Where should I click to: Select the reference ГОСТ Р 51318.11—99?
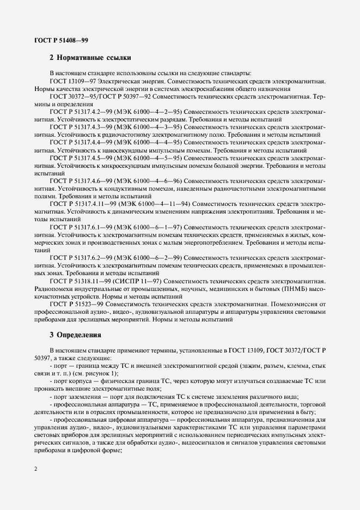point(80,278)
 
